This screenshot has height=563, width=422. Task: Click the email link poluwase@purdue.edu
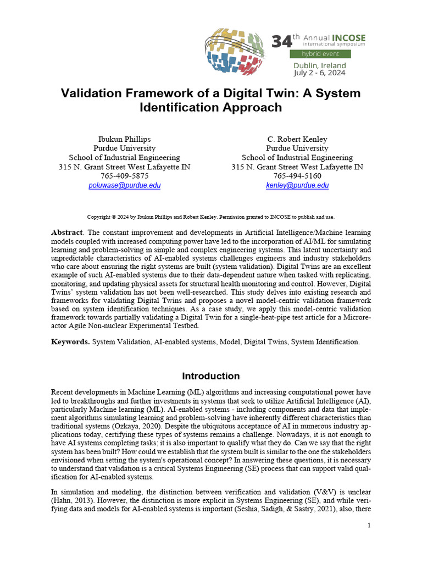125,186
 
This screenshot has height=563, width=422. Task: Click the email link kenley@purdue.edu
297,186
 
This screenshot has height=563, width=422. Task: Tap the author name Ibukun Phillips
124,139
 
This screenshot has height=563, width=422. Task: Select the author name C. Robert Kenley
297,139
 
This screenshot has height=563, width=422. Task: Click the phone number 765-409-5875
124,176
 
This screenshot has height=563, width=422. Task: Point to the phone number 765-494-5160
297,176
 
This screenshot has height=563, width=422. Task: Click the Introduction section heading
211,377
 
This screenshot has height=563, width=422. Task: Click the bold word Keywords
70,342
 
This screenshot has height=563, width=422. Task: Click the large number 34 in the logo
281,41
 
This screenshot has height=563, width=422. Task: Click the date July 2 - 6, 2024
320,73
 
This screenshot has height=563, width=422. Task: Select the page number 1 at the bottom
370,526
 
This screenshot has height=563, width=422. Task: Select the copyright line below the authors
211,217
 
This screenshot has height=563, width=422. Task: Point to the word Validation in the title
92,93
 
